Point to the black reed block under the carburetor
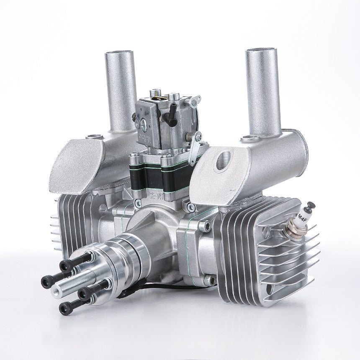[x=164, y=176]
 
